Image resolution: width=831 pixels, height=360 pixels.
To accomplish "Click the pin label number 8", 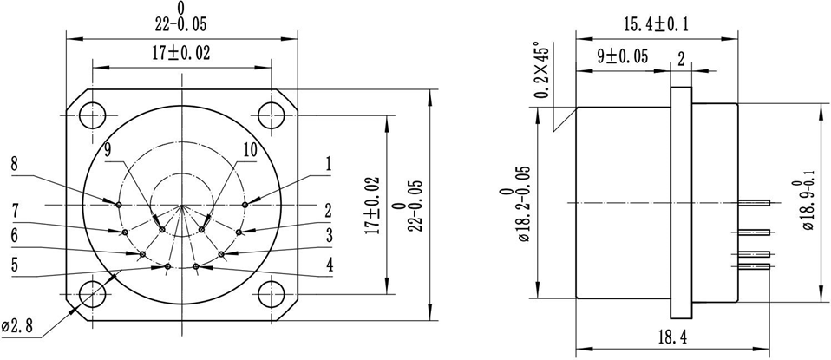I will tap(15, 163).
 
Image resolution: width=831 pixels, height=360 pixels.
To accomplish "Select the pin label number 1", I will tap(330, 163).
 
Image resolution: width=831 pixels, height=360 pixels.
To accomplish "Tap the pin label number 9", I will tap(108, 149).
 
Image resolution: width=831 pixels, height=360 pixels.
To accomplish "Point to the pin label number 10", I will tap(249, 149).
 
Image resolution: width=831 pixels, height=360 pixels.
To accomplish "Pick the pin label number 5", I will tap(15, 265).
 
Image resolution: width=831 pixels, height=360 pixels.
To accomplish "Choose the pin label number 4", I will tap(330, 265).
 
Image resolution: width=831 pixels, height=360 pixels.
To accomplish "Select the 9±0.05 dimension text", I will tap(624, 57).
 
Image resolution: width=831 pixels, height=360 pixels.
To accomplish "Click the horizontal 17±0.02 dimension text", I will tap(181, 53).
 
